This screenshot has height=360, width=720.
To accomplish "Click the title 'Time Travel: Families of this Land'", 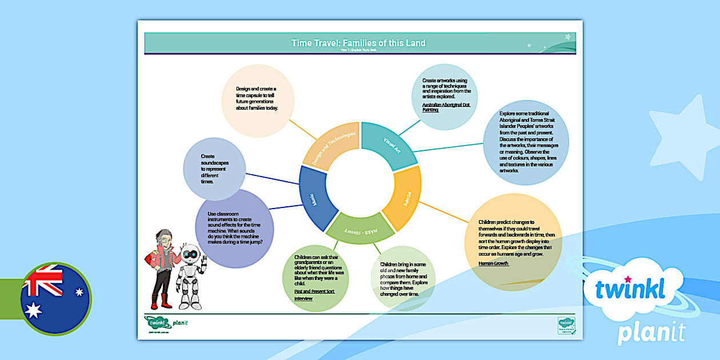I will point(358,43).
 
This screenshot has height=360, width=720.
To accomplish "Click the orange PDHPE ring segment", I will point(403,198).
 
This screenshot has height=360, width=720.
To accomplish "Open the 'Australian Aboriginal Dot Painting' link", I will point(446,107).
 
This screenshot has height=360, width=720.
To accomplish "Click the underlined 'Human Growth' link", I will point(494,263).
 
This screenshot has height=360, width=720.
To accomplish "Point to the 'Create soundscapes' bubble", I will point(214,168).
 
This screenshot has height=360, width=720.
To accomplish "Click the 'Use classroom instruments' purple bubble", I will point(235,228).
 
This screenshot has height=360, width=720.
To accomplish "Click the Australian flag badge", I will point(55,299).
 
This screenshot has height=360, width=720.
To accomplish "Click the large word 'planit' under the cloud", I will point(651,332).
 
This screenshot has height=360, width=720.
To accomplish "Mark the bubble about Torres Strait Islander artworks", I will point(526,143).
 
